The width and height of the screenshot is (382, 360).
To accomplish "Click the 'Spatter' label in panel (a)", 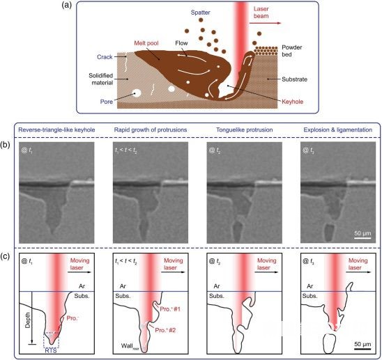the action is coord(200,13).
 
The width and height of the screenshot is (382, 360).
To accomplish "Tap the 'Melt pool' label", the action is coord(146,43).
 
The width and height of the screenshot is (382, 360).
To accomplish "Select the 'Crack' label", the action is coord(105,57).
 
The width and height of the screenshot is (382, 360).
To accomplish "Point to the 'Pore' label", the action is coord(107,102).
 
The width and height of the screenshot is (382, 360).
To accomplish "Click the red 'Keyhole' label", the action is coord(292,102).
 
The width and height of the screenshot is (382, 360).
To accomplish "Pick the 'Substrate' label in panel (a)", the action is coord(294,79).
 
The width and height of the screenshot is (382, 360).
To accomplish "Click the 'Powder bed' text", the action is coord(292,51).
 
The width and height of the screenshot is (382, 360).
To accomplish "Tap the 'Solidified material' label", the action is coord(101,79).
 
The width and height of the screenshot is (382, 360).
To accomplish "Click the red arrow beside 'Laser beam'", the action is coord(265,23).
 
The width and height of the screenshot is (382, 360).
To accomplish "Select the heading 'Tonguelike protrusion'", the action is coord(245,130).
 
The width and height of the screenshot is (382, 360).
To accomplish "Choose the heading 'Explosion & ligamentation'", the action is coord(337,130).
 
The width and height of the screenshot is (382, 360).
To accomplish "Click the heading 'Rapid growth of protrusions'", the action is coord(151,130).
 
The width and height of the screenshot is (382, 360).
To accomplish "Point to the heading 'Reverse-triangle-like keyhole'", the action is coord(56,130).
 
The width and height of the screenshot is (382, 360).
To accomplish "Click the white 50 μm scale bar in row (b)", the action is coord(362,238).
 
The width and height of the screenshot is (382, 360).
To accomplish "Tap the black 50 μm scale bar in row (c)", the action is coord(362,349).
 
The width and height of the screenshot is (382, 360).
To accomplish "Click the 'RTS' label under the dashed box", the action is coord(51,350).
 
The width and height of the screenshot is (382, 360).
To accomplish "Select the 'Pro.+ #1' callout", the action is coord(170,309).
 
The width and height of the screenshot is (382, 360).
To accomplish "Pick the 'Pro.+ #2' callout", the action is coord(165,330).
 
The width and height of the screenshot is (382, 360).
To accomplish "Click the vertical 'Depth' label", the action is coord(28,320).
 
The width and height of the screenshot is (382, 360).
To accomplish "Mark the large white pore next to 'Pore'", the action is coord(137,93).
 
